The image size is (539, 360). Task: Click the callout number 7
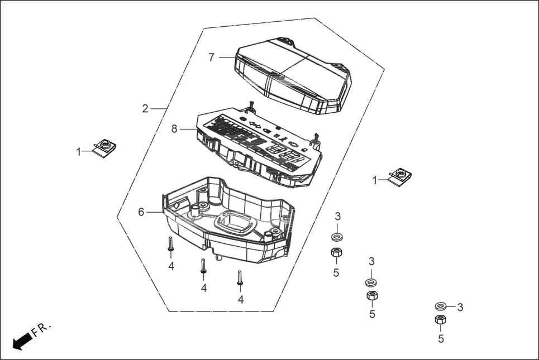click(212, 57)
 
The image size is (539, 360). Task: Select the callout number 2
click(145, 108)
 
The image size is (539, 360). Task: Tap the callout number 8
click(174, 129)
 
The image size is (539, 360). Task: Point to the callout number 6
click(141, 212)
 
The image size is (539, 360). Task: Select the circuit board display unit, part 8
click(257, 145)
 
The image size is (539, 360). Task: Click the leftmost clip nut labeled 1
click(104, 147)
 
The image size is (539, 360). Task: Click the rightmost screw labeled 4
click(240, 277)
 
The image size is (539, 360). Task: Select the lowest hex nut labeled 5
click(441, 320)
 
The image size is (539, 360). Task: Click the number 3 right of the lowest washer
click(460, 307)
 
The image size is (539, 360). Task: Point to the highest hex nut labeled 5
click(336, 253)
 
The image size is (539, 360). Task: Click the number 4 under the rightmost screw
click(241, 300)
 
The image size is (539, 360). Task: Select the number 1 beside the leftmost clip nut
click(79, 151)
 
